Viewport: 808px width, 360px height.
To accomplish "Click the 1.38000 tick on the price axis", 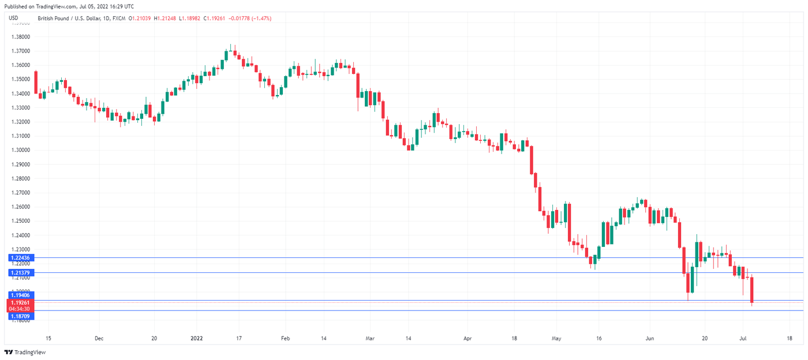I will coord(21,37).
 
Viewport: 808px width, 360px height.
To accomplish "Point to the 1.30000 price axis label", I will coord(21,150).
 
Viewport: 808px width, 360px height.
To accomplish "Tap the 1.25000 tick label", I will coord(21,221).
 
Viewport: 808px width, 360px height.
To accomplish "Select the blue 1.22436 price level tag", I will coord(20,257).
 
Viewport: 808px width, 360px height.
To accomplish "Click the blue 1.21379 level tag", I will coord(20,272).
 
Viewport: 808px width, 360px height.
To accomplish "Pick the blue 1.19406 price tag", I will coord(20,295).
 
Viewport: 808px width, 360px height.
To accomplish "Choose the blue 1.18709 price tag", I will coord(20,316).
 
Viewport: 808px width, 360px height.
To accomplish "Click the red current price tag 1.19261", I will coord(20,302).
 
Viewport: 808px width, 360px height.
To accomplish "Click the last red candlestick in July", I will coord(752,290).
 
